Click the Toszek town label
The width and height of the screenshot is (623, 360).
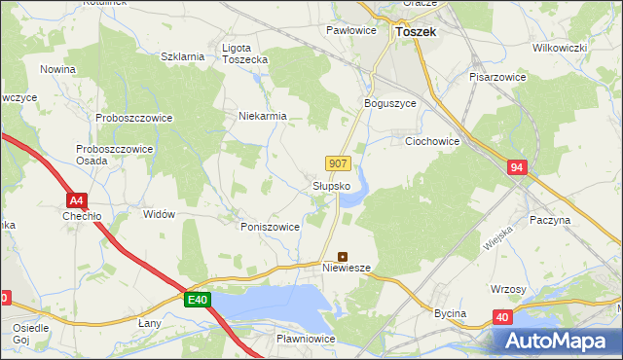pyautogui.click(x=417, y=32)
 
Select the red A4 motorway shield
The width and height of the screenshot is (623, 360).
pyautogui.click(x=75, y=200)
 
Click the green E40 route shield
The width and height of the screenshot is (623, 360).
pyautogui.click(x=198, y=300)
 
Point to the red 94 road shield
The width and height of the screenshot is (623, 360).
pyautogui.click(x=516, y=168)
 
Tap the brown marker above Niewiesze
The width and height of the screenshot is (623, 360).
pyautogui.click(x=342, y=257)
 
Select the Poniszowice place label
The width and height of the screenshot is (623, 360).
pyautogui.click(x=270, y=226)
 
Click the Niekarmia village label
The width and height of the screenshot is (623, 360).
pyautogui.click(x=263, y=116)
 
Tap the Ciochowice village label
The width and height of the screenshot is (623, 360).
pyautogui.click(x=431, y=141)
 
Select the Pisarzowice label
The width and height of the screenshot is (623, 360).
pyautogui.click(x=498, y=76)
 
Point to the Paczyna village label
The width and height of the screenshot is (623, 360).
pyautogui.click(x=550, y=221)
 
